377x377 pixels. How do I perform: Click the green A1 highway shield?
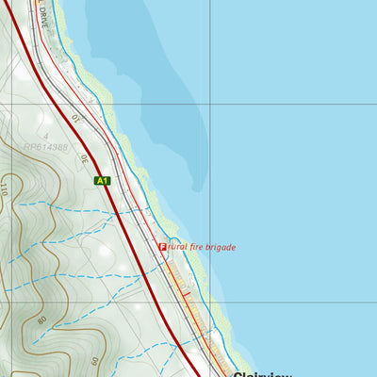102,180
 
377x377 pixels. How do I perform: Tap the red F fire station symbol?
162,247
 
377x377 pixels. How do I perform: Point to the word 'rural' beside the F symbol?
174,247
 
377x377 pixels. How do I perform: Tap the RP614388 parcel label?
46,147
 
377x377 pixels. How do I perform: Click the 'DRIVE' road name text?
43,17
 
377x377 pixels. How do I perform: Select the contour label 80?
42,320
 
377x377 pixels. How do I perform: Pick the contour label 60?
95,360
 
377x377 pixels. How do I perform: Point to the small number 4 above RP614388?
44,137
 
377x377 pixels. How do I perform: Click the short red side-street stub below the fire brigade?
186,295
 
